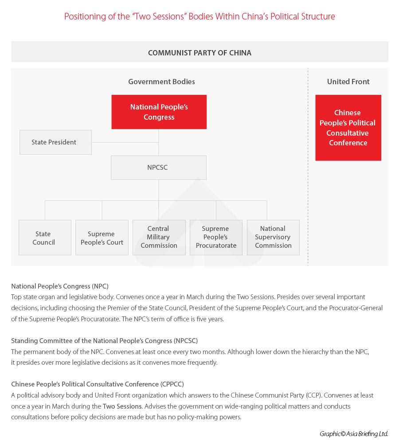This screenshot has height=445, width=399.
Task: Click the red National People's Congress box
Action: [x=159, y=112]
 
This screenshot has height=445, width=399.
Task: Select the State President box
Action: [x=55, y=142]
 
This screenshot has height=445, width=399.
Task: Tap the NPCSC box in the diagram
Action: [x=158, y=168]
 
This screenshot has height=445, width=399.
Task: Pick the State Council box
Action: [x=45, y=238]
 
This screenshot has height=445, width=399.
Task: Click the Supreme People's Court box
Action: [x=102, y=238]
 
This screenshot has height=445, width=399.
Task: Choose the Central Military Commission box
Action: [x=159, y=237]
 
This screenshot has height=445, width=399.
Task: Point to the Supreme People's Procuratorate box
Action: [x=216, y=237]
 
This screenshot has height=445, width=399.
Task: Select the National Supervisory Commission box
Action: [x=273, y=237]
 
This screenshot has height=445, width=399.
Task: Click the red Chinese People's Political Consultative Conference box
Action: [x=348, y=128]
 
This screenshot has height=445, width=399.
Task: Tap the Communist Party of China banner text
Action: [x=199, y=53]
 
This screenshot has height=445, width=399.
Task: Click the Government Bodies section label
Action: [x=161, y=82]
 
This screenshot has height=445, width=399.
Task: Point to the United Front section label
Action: [x=348, y=82]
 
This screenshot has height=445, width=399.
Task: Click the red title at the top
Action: [x=199, y=17]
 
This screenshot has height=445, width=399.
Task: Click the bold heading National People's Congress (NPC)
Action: [x=60, y=286]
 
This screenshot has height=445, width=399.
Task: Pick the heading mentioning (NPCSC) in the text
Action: [x=104, y=341]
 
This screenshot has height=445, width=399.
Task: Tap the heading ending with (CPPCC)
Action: [x=98, y=384]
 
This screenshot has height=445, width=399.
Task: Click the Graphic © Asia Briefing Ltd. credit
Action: [x=354, y=434]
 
